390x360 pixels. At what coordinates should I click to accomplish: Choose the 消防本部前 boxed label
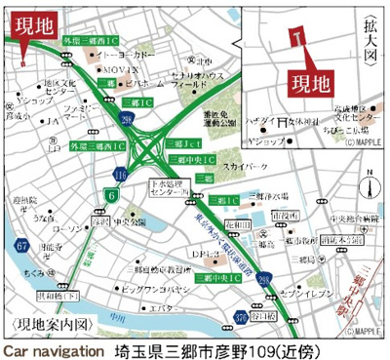(x=344, y=240)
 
